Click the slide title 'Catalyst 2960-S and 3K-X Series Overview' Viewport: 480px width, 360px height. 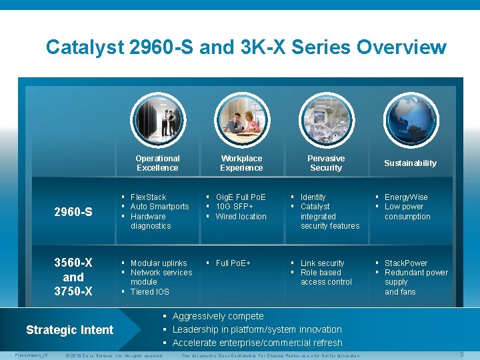click(x=246, y=47)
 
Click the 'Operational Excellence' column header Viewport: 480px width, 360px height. click(x=157, y=163)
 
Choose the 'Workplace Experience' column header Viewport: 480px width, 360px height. click(x=241, y=163)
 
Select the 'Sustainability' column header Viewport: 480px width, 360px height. click(x=410, y=163)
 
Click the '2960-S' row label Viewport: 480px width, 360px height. click(x=73, y=212)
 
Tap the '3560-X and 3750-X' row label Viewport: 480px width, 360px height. click(x=73, y=277)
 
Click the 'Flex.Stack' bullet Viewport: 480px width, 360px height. click(x=148, y=197)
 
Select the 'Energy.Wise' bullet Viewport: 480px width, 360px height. click(x=406, y=197)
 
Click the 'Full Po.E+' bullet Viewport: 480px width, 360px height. click(x=233, y=263)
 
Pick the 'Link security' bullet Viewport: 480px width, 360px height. click(x=322, y=263)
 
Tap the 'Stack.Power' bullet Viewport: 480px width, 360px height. click(x=405, y=263)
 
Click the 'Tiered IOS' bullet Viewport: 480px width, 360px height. click(x=149, y=292)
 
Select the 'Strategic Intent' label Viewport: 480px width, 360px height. click(x=69, y=330)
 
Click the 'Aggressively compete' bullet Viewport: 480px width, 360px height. click(x=217, y=316)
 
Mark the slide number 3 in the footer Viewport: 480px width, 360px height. click(x=461, y=355)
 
